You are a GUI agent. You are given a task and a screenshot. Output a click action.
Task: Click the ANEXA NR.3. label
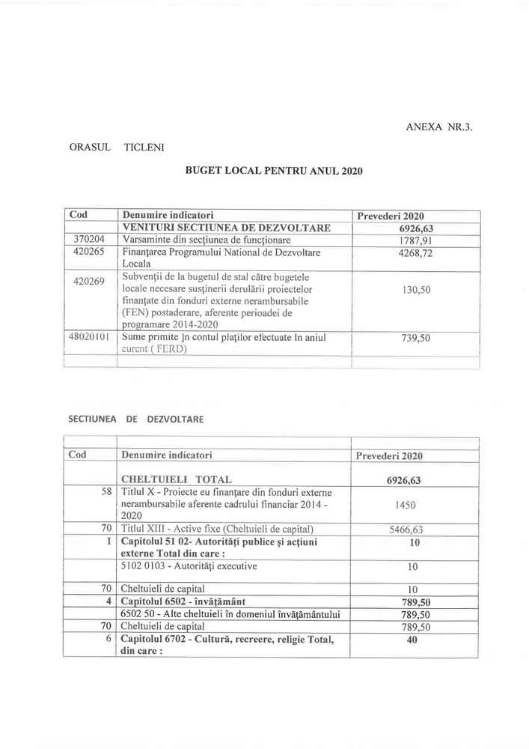pos(439,127)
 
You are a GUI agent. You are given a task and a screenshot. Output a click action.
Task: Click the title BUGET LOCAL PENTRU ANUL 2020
pos(274,171)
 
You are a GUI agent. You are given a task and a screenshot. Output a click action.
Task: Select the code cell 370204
pos(91,240)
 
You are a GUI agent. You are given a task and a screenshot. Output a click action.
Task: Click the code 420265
pos(91,252)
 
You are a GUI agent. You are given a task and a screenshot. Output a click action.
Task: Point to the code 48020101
pos(90,338)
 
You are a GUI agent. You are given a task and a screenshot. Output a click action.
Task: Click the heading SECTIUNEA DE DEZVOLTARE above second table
pos(136,419)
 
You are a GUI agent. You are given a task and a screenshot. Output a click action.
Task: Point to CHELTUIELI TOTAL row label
pos(177,479)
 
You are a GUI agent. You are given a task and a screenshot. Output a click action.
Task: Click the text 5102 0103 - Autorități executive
pos(189,566)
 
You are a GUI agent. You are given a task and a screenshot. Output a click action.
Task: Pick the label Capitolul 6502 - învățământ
pos(184,601)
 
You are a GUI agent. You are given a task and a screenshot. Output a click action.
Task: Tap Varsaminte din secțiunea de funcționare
pos(207,240)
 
